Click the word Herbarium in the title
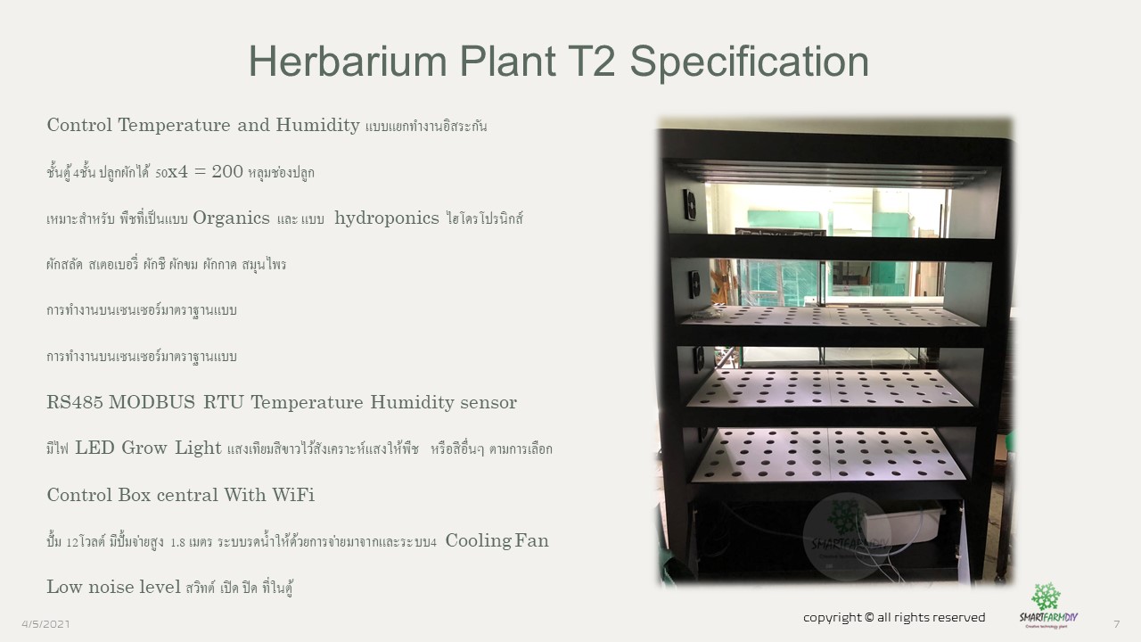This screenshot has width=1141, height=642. [x=348, y=62]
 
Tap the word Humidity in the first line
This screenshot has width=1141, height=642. [x=318, y=125]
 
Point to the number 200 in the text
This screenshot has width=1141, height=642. [x=227, y=171]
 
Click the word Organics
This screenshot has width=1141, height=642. [x=231, y=218]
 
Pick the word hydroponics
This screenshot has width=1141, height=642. [x=387, y=218]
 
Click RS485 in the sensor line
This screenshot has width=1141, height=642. [x=75, y=402]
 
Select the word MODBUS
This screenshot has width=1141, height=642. [x=152, y=402]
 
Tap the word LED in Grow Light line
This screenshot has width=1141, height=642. [x=95, y=448]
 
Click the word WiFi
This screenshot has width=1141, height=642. [x=293, y=495]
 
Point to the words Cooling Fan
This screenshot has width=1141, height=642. [x=497, y=540]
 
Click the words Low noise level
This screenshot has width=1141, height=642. [x=113, y=587]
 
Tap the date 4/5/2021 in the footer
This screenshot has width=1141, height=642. [x=45, y=624]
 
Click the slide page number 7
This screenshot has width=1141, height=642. [x=1117, y=624]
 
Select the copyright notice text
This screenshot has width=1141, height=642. [x=894, y=618]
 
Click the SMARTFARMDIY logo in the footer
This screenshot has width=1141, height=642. [x=1048, y=605]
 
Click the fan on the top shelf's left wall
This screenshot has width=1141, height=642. [x=689, y=205]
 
